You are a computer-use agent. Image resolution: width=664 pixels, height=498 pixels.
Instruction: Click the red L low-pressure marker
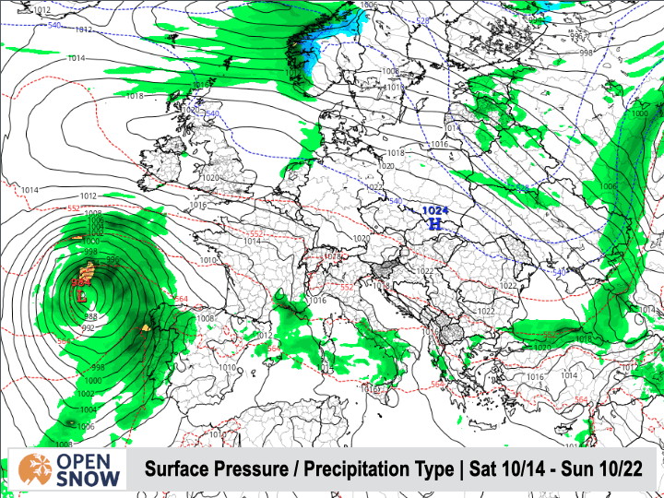coord(81,297)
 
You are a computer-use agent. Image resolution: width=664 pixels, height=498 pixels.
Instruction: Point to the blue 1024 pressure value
coord(434,210)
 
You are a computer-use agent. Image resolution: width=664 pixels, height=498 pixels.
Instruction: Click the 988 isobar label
coord(91,316)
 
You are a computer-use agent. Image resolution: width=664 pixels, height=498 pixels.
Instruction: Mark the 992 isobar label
coord(89,327)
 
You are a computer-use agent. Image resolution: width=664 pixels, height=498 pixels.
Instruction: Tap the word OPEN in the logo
coord(89,459)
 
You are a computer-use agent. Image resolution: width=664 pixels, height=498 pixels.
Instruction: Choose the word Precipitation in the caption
coord(357,469)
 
